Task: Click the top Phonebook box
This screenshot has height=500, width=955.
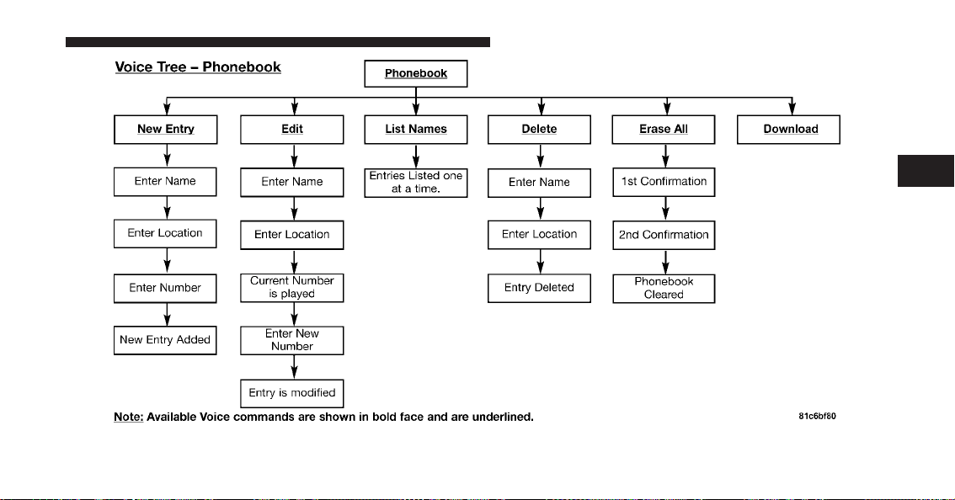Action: (416, 74)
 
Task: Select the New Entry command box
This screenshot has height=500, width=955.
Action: (166, 130)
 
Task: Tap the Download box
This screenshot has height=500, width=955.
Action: (789, 130)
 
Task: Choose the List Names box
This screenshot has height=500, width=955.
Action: (416, 130)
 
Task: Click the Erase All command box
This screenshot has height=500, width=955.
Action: (664, 130)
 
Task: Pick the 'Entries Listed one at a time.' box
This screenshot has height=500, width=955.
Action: (416, 183)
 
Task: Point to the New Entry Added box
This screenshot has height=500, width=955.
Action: (165, 340)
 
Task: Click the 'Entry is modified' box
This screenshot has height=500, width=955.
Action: (291, 393)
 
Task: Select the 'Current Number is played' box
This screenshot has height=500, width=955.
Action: (291, 288)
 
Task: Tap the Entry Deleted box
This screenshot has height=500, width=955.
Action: (539, 288)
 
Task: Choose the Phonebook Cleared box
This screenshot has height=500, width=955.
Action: (664, 288)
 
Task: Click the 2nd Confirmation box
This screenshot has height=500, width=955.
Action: (664, 235)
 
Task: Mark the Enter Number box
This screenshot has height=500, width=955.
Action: (165, 288)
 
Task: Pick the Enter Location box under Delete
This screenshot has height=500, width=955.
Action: (539, 235)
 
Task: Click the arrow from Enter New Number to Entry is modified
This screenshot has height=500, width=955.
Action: (295, 367)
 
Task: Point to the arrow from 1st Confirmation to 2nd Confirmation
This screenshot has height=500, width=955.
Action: (665, 209)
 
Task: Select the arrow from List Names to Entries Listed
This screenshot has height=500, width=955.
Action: (417, 157)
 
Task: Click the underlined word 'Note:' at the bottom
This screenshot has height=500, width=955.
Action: (129, 418)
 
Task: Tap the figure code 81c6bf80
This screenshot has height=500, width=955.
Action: (818, 417)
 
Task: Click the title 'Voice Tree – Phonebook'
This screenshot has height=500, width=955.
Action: (198, 67)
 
